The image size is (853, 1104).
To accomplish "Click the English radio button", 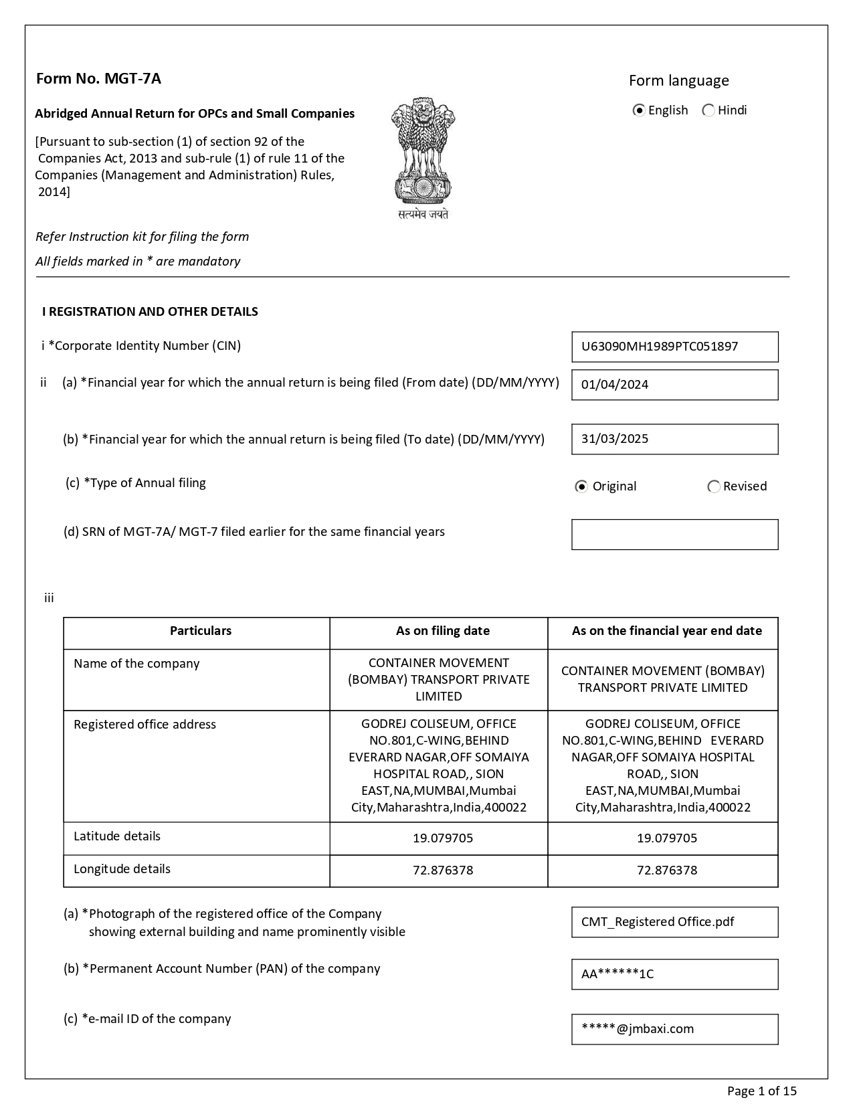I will (x=639, y=110).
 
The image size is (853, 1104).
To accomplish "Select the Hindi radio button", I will (x=708, y=110).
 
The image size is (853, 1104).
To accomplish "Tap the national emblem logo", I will (x=423, y=158).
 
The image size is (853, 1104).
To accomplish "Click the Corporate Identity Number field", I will (x=674, y=347).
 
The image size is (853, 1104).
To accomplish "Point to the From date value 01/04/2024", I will (x=615, y=385).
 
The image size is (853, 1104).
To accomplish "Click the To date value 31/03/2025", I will (x=615, y=439).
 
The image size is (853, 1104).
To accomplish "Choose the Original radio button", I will (x=581, y=486).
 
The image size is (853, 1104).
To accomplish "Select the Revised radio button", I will (x=714, y=486).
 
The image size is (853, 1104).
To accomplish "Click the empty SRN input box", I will (x=674, y=535).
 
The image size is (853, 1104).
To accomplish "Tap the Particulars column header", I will (x=201, y=631).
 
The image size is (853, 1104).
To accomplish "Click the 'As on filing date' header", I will (x=442, y=631).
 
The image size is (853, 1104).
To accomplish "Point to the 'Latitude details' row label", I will (x=117, y=836).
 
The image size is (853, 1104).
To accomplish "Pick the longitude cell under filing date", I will (x=442, y=870).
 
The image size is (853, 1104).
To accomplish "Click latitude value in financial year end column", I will (x=666, y=838).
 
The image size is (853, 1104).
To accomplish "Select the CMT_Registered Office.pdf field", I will (x=674, y=922).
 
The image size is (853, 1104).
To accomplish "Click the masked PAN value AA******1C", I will (x=618, y=974).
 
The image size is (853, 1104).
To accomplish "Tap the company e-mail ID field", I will (x=674, y=1029).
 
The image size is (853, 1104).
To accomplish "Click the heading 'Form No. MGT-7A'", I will (x=98, y=79).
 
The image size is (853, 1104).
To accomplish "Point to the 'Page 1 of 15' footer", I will (x=761, y=1091).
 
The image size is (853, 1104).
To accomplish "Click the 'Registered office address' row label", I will (x=145, y=725).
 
